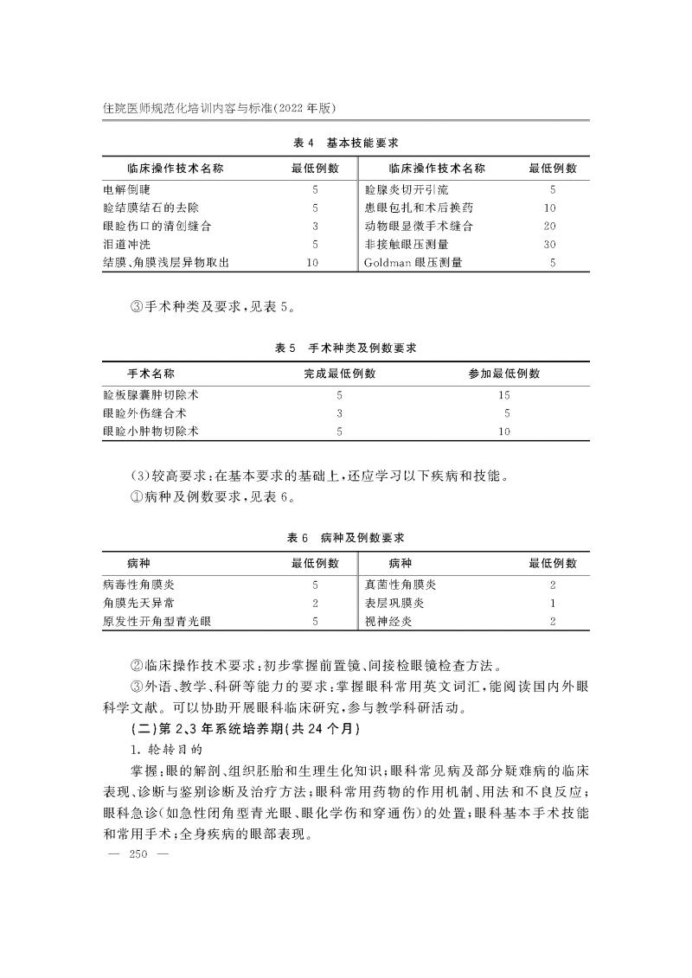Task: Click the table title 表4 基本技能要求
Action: tap(345, 140)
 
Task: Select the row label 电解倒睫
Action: tap(125, 189)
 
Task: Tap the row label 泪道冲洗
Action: tap(125, 244)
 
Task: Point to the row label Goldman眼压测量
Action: tap(413, 262)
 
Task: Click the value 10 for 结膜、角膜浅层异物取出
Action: tap(314, 262)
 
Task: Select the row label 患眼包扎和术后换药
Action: tap(419, 208)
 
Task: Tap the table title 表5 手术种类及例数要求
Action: tap(345, 348)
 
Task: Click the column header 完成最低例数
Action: tap(339, 374)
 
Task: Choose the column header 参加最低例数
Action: tap(504, 374)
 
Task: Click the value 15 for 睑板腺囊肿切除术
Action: tap(504, 394)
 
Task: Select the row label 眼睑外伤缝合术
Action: tap(144, 412)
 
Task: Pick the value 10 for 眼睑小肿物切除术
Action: tap(504, 431)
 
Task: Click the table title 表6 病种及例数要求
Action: tap(345, 538)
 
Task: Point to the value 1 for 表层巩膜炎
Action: tap(552, 603)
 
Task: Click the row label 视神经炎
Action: tap(388, 621)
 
